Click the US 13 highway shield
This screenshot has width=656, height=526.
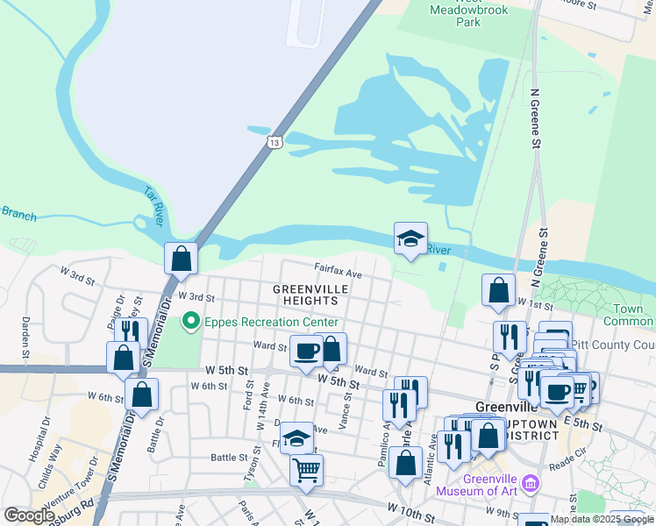point(275,141)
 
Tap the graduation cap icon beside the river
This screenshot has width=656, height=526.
point(410,238)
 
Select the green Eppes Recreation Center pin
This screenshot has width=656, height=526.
point(190,322)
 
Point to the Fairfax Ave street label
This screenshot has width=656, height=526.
point(339,274)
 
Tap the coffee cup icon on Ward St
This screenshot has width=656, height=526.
point(307,352)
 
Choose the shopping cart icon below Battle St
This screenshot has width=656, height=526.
point(306,471)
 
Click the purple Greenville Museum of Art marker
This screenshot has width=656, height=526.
point(529,483)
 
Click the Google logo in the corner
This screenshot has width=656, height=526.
point(29,515)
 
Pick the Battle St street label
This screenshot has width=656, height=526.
point(230,457)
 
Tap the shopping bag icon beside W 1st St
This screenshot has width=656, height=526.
point(498,290)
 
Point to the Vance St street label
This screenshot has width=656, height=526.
point(346,408)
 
